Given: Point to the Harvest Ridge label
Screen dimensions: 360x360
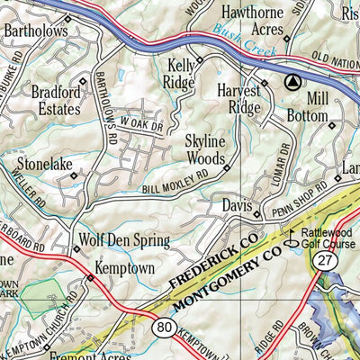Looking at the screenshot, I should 238,99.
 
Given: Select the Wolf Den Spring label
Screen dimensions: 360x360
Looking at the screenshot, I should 125,240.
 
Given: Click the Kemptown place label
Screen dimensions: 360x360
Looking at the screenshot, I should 125,268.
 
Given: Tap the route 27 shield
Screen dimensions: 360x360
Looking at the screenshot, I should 324,260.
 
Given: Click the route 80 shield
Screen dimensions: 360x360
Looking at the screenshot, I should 163,327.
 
